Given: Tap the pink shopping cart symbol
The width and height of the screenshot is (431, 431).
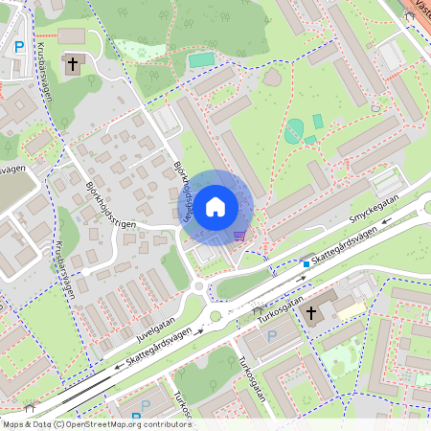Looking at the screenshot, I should click(238, 236).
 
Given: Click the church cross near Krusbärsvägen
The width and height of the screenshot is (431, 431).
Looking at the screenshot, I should click(73, 64).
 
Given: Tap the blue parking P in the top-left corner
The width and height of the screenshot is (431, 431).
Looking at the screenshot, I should click(18, 47).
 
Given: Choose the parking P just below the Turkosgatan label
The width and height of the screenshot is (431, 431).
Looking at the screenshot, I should click(271, 336).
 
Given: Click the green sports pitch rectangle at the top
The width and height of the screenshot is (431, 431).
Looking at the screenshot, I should click(201, 60).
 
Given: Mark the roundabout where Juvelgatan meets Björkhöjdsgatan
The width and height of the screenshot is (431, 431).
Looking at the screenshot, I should click(198, 285).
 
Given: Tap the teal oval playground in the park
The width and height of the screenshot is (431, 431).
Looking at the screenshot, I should click(293, 132).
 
